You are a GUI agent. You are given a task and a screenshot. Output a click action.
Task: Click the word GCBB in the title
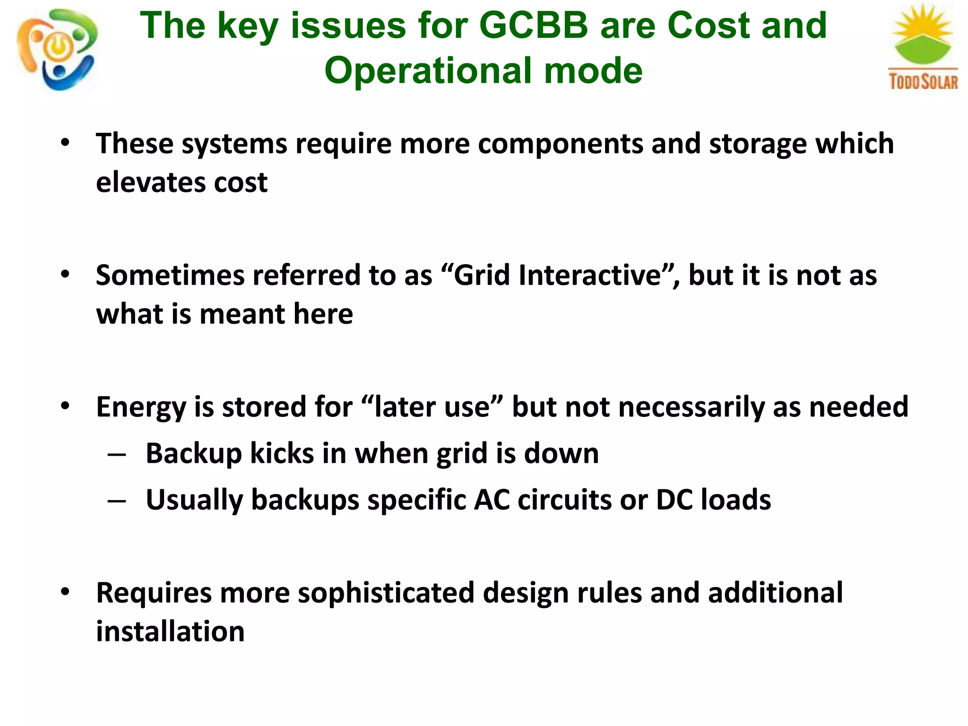tap(534, 26)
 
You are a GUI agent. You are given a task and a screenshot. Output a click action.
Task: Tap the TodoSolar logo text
tap(923, 81)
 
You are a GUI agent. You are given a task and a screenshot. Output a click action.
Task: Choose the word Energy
tap(141, 407)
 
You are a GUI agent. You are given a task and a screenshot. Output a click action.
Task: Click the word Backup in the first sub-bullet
tap(194, 453)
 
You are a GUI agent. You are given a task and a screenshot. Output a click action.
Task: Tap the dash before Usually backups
tap(117, 501)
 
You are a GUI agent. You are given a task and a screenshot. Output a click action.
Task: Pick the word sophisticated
tap(386, 593)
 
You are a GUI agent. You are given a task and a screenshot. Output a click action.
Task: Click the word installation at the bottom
tap(170, 631)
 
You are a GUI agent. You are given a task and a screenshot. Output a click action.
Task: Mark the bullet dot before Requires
tap(65, 592)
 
